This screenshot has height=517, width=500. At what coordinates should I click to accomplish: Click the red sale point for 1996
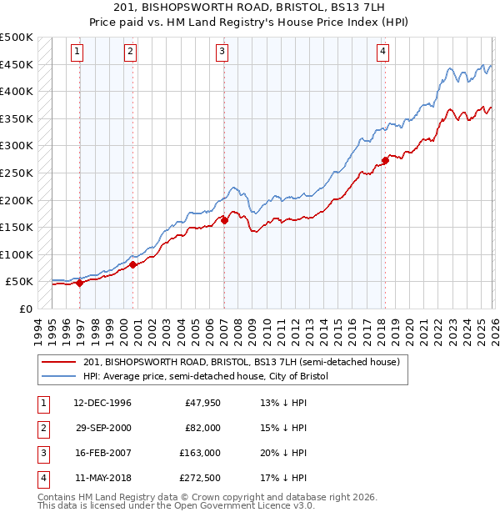click(x=80, y=283)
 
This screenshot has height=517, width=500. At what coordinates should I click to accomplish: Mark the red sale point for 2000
click(x=133, y=264)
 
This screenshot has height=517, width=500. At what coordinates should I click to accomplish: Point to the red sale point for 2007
click(x=224, y=220)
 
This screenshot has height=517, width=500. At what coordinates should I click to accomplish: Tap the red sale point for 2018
click(x=385, y=160)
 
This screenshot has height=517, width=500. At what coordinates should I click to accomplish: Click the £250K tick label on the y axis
click(x=17, y=173)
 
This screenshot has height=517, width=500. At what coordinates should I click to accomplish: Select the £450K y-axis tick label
click(x=17, y=64)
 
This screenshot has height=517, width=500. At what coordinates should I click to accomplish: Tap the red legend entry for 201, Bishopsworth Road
click(x=242, y=362)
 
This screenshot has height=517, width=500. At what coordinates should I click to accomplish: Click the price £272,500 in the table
click(x=200, y=478)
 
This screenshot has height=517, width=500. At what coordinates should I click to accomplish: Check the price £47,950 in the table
click(x=202, y=403)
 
